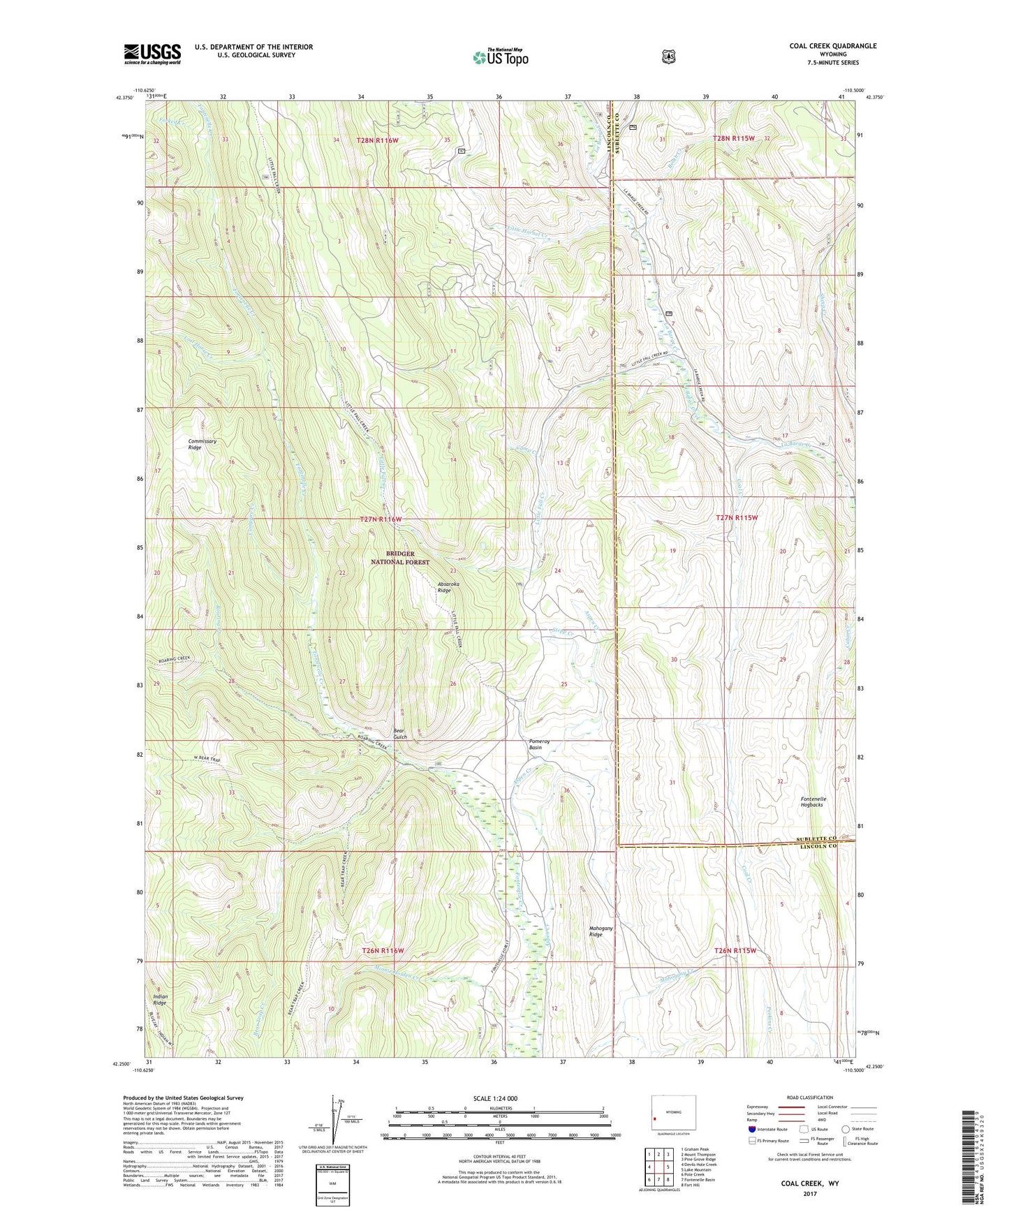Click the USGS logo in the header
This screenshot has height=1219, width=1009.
(152, 54)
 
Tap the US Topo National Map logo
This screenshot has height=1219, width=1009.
(499, 57)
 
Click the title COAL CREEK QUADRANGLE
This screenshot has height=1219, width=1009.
(832, 46)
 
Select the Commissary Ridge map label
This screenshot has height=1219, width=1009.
(202, 444)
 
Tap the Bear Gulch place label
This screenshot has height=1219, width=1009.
(399, 733)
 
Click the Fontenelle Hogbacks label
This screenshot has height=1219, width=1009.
(813, 801)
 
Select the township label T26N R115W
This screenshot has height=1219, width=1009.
(735, 951)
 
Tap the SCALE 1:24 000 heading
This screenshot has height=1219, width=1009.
(495, 1098)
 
